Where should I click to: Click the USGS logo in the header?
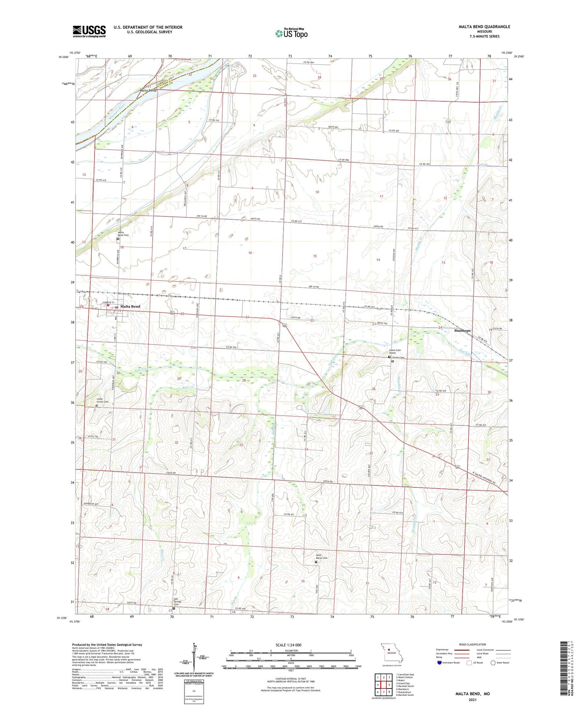point(89,31)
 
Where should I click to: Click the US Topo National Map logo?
point(291,33)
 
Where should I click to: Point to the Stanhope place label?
point(462,330)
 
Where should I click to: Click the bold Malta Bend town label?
point(130,307)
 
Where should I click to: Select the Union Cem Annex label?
point(395,351)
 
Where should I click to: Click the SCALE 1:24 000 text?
point(288,645)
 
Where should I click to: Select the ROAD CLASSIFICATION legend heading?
point(473,644)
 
